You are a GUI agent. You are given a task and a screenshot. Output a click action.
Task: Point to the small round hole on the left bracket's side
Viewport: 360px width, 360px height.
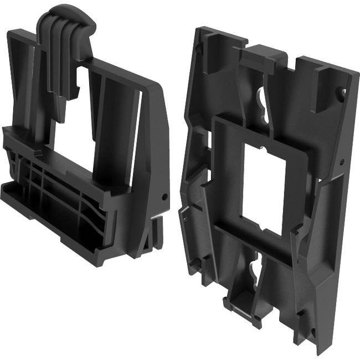coord(164,197)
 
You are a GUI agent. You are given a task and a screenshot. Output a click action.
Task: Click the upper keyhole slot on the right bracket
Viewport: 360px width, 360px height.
coord(261,102)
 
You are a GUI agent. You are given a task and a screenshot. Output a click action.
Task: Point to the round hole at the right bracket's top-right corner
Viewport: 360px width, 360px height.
coord(343,92)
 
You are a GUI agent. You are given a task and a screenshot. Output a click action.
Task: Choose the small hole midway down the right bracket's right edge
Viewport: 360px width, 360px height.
coord(342,162)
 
